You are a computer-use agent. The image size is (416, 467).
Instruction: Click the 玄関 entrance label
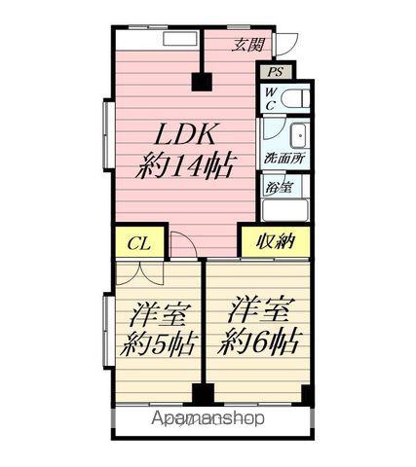(248, 45)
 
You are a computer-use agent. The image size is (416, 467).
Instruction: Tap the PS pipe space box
(276, 72)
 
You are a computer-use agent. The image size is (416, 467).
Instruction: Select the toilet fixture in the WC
(295, 99)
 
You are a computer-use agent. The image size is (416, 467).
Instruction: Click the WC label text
(271, 99)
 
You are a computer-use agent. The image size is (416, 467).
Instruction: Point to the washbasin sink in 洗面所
(298, 136)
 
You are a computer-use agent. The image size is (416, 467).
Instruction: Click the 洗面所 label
(284, 159)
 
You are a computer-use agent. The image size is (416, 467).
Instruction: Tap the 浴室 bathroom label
(279, 187)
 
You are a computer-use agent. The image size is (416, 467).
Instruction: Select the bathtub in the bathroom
(285, 210)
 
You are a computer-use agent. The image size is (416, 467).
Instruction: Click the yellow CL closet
(139, 243)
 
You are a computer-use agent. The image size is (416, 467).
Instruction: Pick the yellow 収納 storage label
(276, 241)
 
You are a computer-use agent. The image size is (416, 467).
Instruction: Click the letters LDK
(185, 134)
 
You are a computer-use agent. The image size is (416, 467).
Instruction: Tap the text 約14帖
(184, 165)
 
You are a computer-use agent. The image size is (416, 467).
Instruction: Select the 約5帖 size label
(159, 344)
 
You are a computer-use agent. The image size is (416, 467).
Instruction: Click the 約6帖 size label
(258, 341)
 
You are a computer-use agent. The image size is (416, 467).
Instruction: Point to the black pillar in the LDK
(202, 82)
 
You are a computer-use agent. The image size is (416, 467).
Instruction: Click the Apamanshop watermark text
(208, 418)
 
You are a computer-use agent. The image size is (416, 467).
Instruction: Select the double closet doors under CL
(139, 274)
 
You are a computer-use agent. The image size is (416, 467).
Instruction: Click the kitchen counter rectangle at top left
(181, 39)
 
